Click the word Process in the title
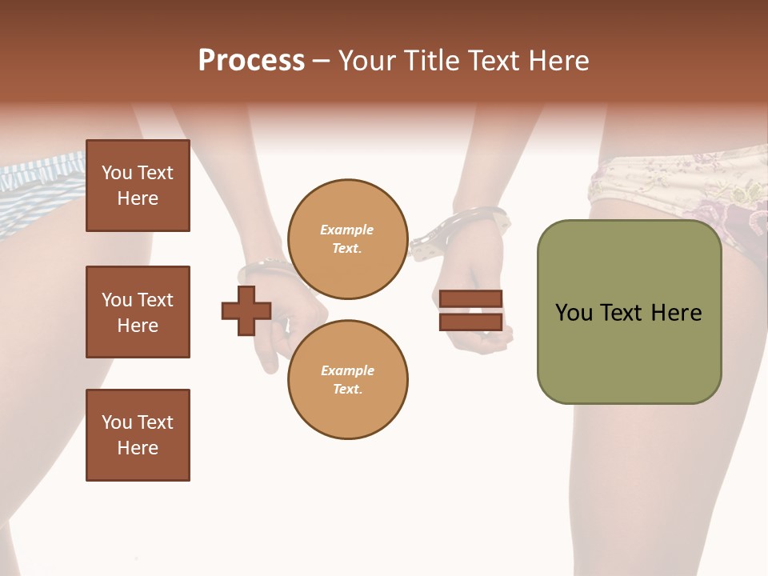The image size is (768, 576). [x=251, y=61]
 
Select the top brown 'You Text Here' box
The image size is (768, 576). [x=138, y=186]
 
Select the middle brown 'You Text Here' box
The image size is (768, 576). [x=138, y=312]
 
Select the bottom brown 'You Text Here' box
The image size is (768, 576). [x=138, y=435]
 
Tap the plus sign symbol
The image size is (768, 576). [x=246, y=310]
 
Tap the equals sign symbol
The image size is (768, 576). [x=470, y=310]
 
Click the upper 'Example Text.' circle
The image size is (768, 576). [x=347, y=239]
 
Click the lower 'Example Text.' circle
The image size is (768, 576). [x=347, y=380]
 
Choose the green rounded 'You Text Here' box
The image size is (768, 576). [x=629, y=312]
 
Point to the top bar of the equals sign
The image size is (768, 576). [x=470, y=299]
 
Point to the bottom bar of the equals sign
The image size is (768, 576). [x=470, y=322]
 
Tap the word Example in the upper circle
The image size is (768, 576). [x=347, y=230]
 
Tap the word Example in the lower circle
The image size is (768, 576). [x=347, y=371]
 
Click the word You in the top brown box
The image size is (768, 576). [x=117, y=173]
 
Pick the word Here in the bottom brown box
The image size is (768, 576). [x=138, y=448]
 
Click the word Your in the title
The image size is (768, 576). [x=370, y=61]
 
